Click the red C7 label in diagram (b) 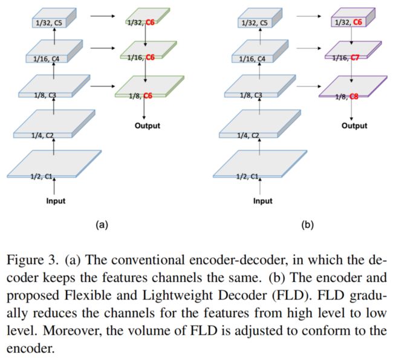pos(355,58)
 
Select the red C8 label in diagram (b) pos(354,97)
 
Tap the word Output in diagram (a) pos(148,126)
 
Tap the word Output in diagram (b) pos(354,126)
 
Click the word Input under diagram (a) pos(56,201)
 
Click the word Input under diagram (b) pos(262,201)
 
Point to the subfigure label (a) pos(102,225)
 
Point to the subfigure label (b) pos(308,225)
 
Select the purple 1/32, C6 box pos(353,18)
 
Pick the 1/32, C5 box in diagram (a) pos(54,18)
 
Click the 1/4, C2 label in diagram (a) pos(42,135)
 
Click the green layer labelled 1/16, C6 pos(148,50)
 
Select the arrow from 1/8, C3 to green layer pos(103,86)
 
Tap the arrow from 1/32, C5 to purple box pos(309,16)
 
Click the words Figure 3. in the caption pos(32,260)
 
